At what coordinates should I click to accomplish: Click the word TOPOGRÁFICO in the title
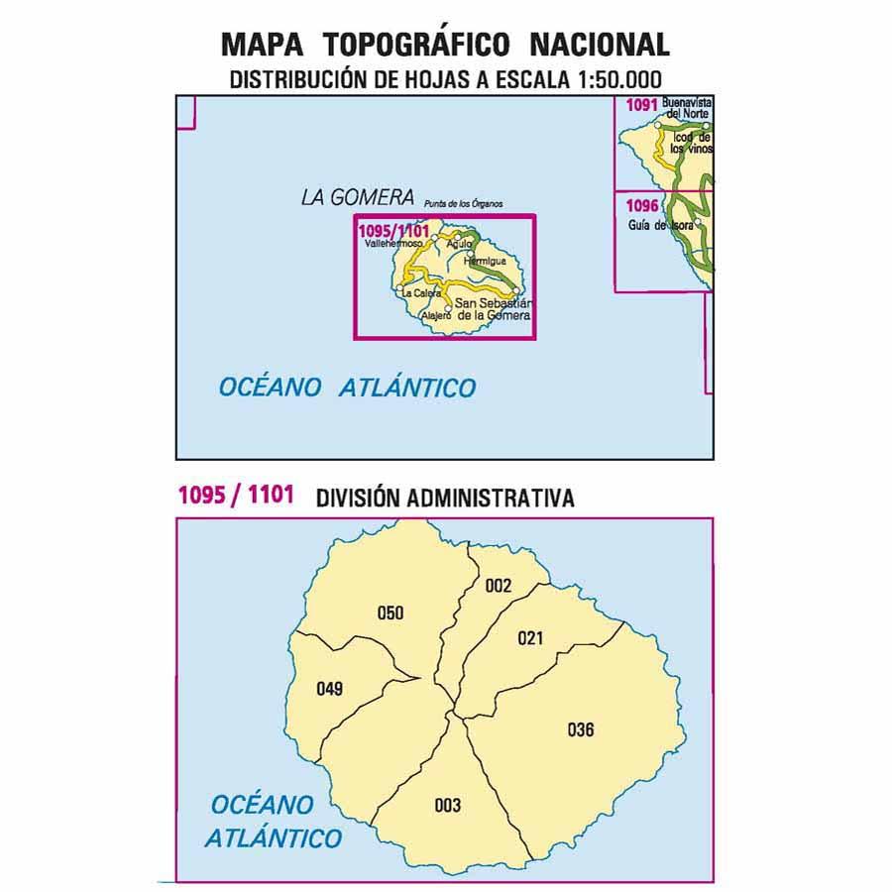[417, 45]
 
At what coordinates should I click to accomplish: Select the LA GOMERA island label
[357, 197]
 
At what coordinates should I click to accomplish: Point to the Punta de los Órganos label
[463, 204]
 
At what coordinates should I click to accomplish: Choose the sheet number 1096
[642, 205]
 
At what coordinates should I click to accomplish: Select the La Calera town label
[421, 293]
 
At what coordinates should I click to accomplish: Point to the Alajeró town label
[436, 315]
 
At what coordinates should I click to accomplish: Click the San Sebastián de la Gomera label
[493, 308]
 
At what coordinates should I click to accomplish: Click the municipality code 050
[390, 613]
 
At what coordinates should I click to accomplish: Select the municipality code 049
[329, 689]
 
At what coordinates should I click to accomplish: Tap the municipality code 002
[499, 586]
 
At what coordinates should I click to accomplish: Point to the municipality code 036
[581, 730]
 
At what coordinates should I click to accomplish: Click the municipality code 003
[448, 805]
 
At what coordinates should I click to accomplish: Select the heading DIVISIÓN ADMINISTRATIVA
[445, 499]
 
